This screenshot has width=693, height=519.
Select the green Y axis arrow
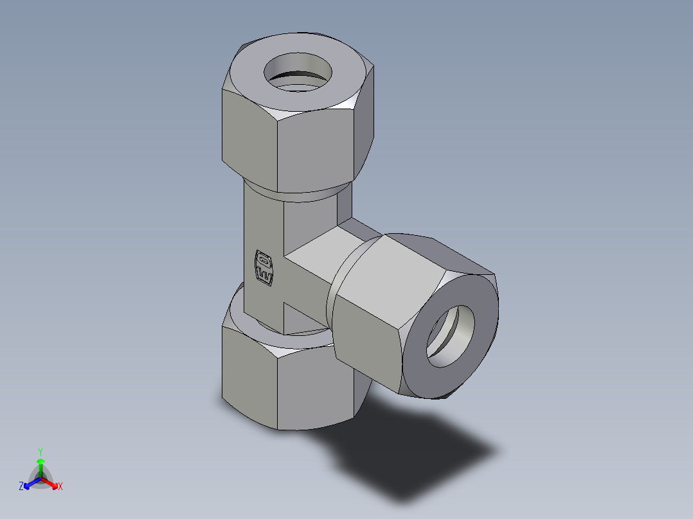click(x=40, y=464)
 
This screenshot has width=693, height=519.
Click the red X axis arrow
click(x=52, y=482)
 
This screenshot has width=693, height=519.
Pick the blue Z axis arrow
click(x=29, y=483)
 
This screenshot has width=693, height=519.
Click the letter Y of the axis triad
click(x=40, y=451)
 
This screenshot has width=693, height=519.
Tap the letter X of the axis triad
click(x=60, y=487)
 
